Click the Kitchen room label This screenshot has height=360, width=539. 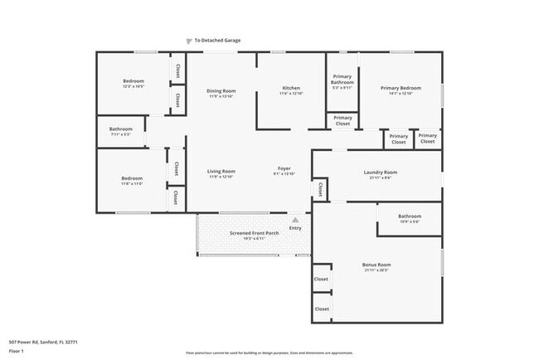[x=291, y=88]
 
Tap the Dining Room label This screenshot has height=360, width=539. [x=222, y=91]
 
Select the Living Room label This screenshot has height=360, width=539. [x=221, y=172]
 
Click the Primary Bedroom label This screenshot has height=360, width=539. [x=401, y=88]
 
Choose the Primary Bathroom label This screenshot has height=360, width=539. [x=342, y=80]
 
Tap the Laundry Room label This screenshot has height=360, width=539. [x=380, y=173]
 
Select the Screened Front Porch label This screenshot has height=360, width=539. [x=254, y=233]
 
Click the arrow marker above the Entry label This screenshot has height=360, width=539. [x=295, y=221]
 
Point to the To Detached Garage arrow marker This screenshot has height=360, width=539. [x=189, y=40]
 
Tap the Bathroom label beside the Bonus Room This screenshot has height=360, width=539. [x=410, y=216]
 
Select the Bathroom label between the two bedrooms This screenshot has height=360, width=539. [x=121, y=129]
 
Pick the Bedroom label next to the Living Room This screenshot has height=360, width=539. [x=133, y=178]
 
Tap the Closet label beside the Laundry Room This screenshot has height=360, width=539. [x=320, y=189]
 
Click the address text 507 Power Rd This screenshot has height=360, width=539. [x=42, y=341]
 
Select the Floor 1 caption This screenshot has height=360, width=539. [x=16, y=351]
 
